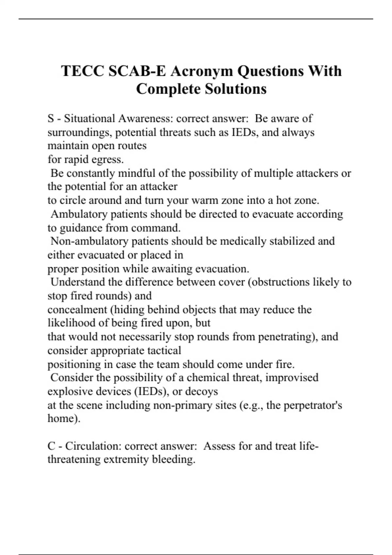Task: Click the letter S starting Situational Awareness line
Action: [51, 119]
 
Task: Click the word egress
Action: [111, 160]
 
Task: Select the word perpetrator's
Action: [313, 405]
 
